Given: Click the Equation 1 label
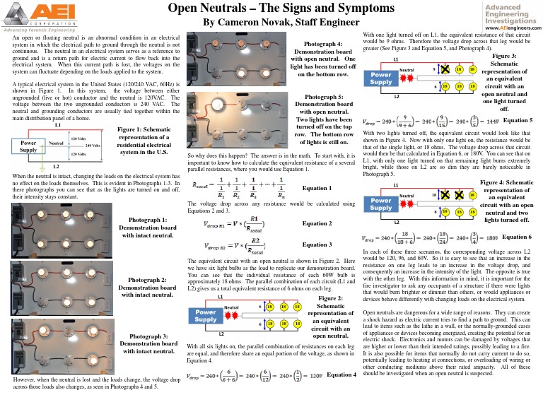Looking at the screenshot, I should click(316, 189).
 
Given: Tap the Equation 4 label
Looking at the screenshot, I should click(341, 393).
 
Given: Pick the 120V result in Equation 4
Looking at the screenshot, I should click(312, 394).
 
